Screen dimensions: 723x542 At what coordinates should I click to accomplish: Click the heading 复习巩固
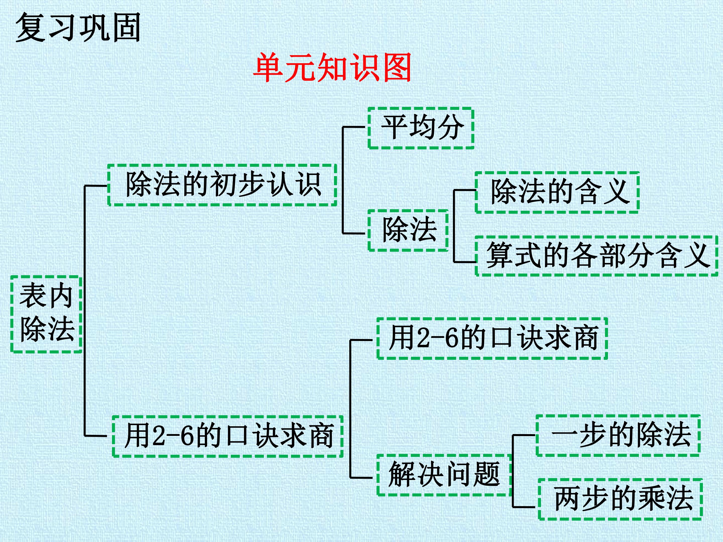(x=78, y=27)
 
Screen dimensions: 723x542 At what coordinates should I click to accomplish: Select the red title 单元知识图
(x=332, y=68)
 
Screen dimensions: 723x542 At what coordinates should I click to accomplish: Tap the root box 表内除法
(x=46, y=314)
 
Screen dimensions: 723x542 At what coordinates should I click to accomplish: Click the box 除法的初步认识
(x=222, y=185)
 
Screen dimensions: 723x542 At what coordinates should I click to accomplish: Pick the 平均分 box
(x=421, y=128)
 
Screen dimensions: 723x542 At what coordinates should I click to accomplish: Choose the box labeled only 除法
(x=408, y=230)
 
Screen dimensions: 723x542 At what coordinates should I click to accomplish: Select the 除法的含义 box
(x=557, y=192)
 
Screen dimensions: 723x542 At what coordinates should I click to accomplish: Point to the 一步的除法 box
(x=618, y=436)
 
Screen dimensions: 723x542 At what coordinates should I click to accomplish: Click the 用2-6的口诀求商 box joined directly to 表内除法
(x=228, y=436)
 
